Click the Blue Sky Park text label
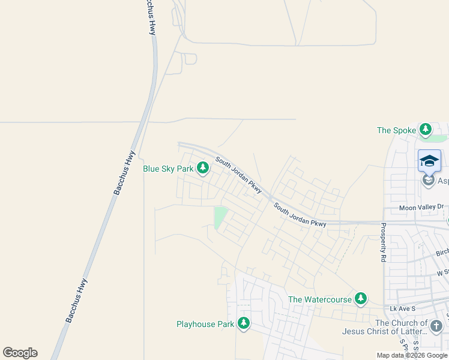coord(168,169)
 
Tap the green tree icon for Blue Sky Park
coord(203,169)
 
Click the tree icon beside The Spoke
coord(426,130)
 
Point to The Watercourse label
coord(320,299)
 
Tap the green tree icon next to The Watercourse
coord(360,299)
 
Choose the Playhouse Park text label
coord(205,325)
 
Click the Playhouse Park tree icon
coord(243,324)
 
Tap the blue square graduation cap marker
coord(429,161)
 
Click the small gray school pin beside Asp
coord(428,180)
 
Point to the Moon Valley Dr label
coord(421,208)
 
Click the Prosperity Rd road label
coord(383,243)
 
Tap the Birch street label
coord(442,253)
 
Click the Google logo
coord(20,353)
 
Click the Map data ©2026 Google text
coord(412,355)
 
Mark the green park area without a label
coord(220,217)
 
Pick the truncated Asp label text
coord(443,181)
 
